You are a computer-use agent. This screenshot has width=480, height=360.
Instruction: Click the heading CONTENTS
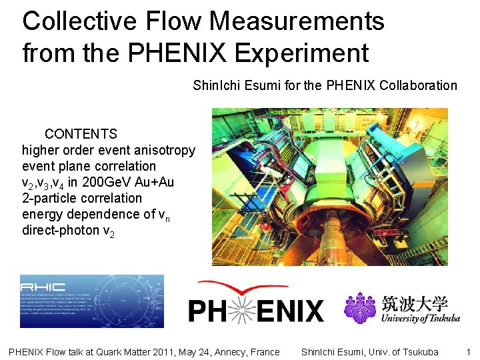(81, 134)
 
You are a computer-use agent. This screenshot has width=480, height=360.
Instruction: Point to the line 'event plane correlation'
(89, 166)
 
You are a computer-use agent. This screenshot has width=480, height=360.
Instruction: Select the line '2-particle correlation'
(82, 198)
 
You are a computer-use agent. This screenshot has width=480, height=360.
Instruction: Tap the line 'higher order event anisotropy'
(109, 150)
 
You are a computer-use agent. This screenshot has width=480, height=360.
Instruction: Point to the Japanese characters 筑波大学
(415, 303)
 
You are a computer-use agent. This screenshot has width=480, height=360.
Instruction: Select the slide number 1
(468, 351)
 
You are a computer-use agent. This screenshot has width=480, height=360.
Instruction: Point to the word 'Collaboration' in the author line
(418, 85)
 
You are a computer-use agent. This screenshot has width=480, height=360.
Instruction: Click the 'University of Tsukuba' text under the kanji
(420, 318)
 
